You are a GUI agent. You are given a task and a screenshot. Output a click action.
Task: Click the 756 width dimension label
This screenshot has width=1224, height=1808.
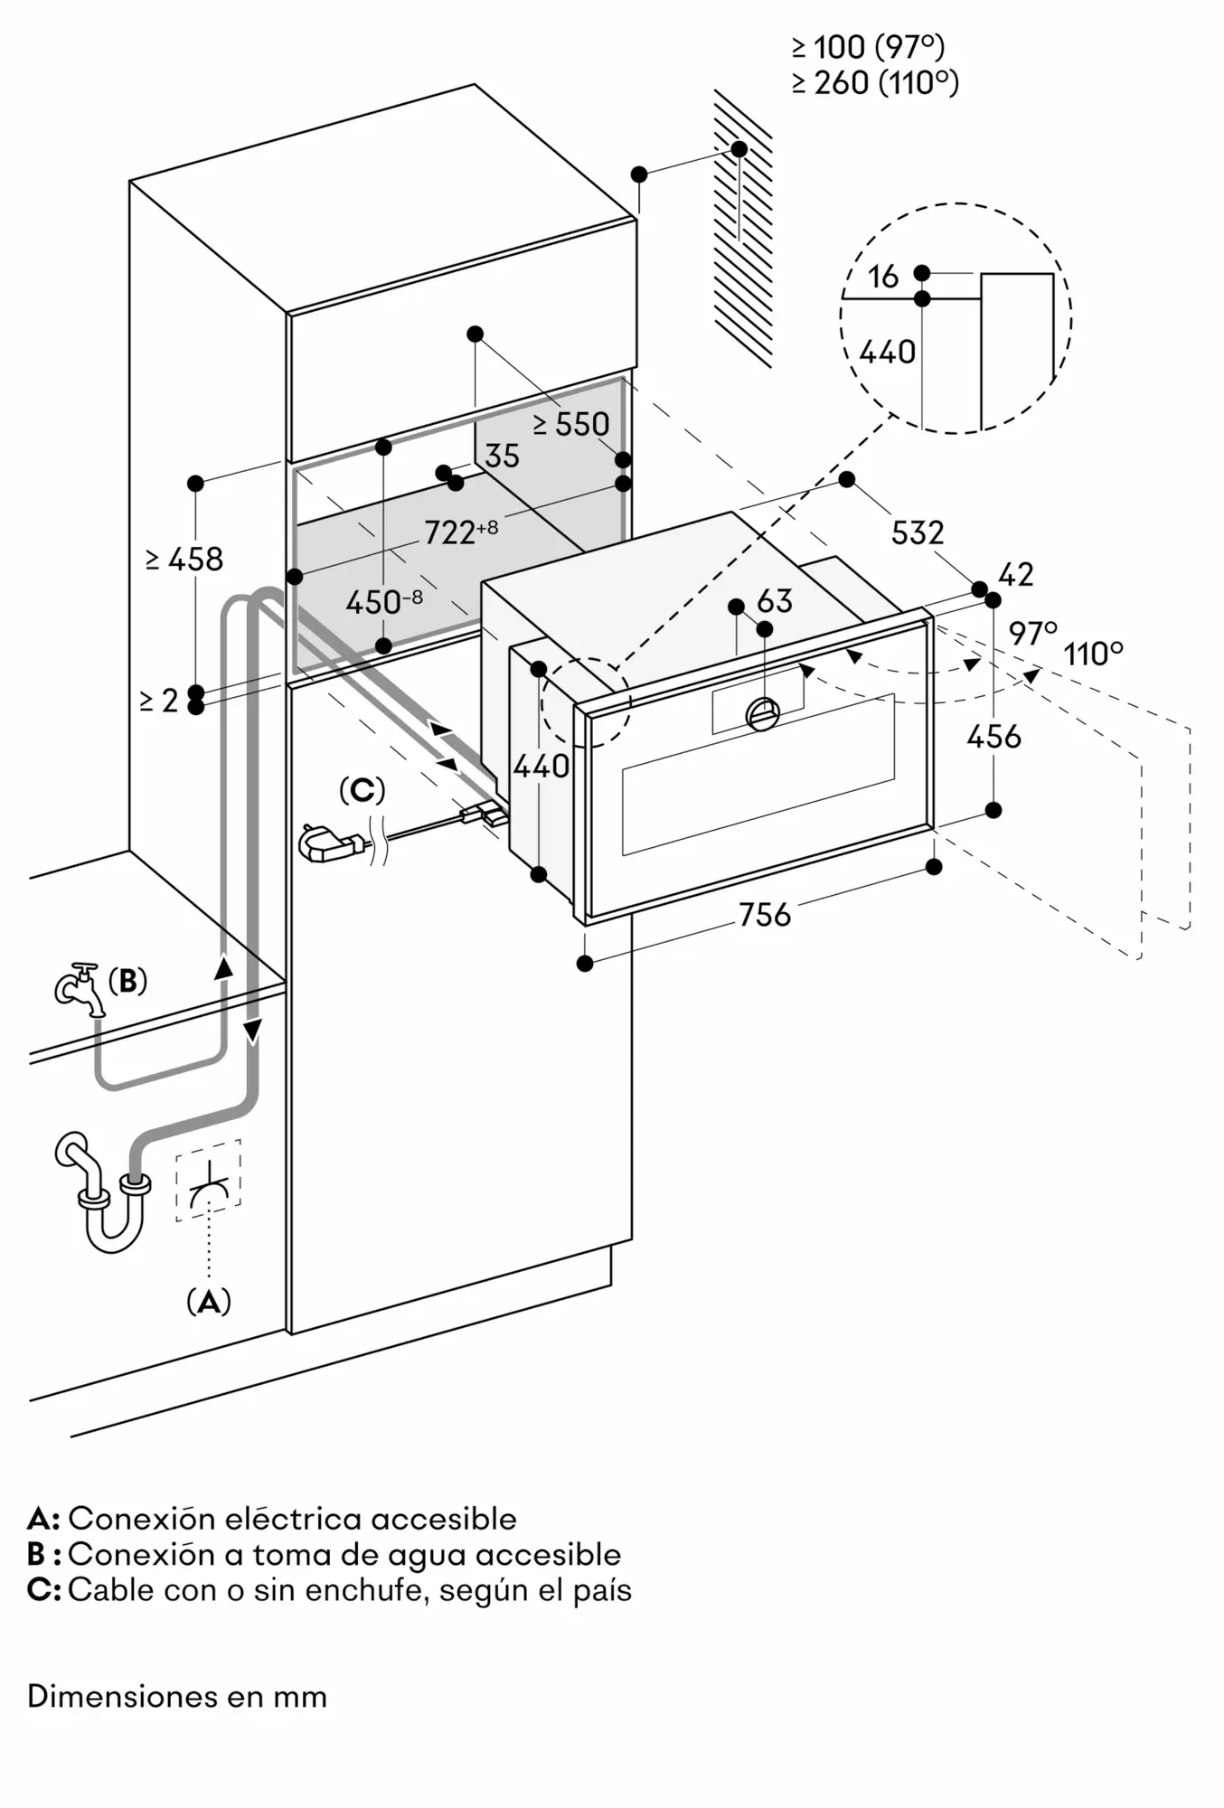tap(765, 915)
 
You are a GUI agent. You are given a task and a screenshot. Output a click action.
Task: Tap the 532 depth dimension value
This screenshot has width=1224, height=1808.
tap(918, 532)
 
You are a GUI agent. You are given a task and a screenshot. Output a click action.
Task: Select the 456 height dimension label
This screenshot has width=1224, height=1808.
tap(993, 737)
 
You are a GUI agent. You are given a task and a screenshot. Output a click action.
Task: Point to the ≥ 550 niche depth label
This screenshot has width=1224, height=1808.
tap(570, 424)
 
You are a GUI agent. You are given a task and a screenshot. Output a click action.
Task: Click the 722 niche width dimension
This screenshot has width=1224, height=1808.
tap(461, 532)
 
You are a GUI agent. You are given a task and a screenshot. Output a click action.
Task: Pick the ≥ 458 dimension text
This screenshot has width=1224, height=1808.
tap(184, 560)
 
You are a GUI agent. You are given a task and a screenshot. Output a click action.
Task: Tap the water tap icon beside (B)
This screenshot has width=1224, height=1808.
tap(80, 988)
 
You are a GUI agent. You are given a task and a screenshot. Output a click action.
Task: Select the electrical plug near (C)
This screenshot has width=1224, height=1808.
tap(332, 845)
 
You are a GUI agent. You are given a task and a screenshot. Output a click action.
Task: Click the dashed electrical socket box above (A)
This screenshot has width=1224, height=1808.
tap(209, 1180)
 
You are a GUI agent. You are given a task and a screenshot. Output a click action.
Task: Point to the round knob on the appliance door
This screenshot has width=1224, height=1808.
tap(763, 714)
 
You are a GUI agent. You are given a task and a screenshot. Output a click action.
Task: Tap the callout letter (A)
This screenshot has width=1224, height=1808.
tap(209, 1302)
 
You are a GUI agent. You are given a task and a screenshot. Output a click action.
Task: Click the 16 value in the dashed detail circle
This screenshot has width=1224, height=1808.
tap(883, 277)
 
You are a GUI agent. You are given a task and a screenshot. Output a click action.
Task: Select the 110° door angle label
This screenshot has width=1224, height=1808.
tap(1094, 653)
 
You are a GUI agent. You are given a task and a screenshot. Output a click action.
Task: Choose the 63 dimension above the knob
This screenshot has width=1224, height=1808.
tap(775, 601)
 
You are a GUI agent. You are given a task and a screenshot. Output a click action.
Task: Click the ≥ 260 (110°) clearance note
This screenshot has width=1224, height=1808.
tap(875, 83)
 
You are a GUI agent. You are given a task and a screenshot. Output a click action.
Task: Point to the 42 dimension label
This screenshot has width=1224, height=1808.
tap(1015, 575)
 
